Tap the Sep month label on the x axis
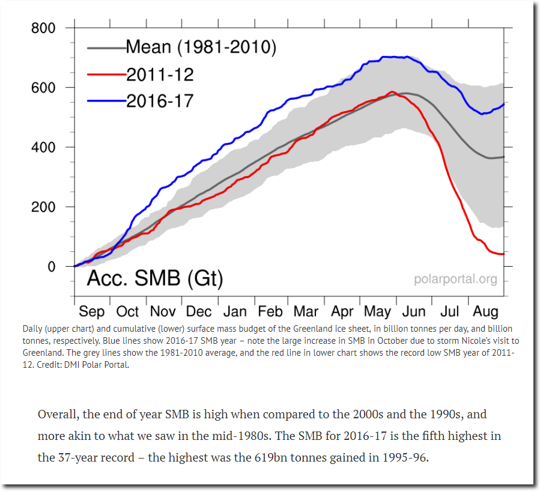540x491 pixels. click(x=91, y=311)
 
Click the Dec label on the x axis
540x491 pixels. click(x=199, y=311)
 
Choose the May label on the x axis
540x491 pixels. click(x=377, y=311)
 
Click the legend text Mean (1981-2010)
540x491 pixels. click(x=201, y=47)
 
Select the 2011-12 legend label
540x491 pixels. click(x=160, y=74)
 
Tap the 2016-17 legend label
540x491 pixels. click(x=160, y=100)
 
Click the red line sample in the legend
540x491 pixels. click(x=106, y=74)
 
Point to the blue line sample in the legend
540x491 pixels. click(x=106, y=101)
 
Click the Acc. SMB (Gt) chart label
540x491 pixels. click(x=155, y=278)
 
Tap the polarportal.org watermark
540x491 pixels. click(x=456, y=279)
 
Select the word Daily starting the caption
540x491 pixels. click(x=32, y=329)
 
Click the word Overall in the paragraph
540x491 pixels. click(x=57, y=415)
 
